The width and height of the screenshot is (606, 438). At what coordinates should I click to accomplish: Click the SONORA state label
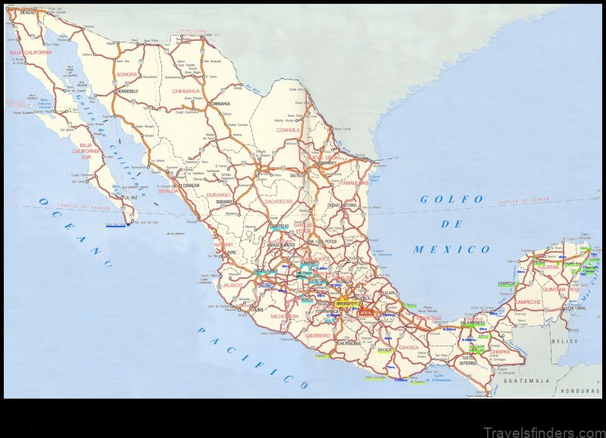point(126,75)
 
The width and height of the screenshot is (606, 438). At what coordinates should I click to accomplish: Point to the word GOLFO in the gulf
point(452,199)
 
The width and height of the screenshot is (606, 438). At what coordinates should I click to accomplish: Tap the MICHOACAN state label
point(284,315)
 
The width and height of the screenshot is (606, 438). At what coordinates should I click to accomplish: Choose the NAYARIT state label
point(223,246)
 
